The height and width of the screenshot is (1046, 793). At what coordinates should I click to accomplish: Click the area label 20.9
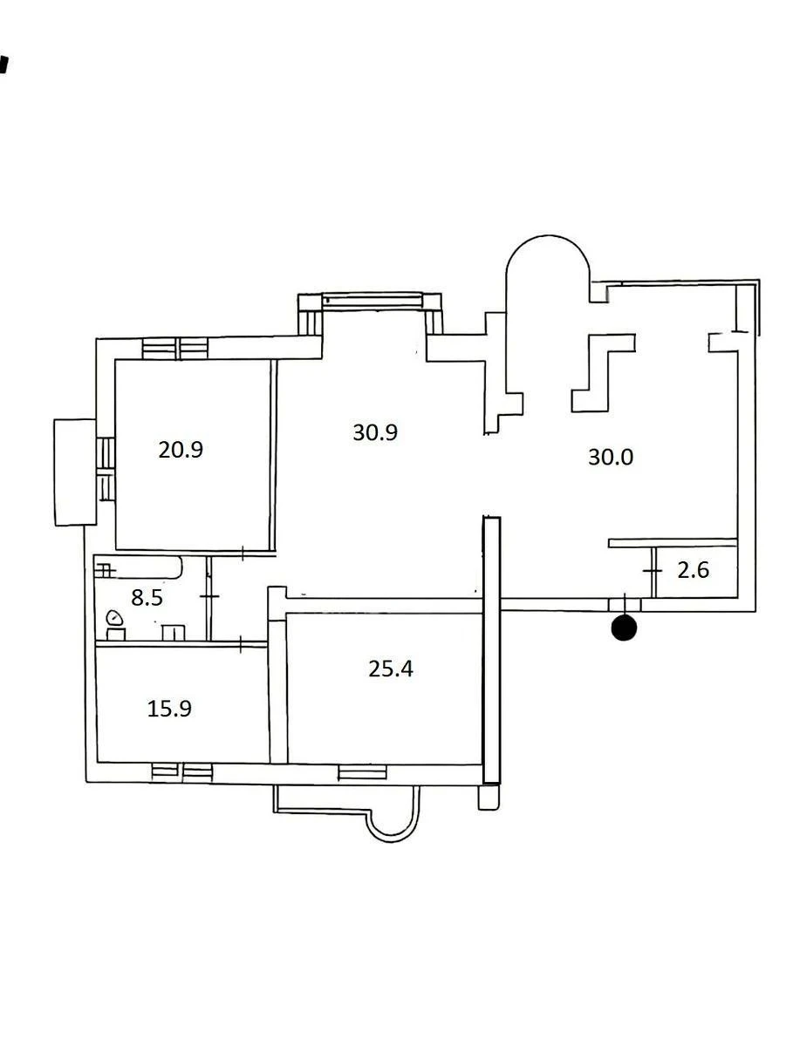pyautogui.click(x=181, y=450)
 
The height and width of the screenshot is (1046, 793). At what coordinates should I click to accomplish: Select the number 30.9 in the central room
pyautogui.click(x=375, y=431)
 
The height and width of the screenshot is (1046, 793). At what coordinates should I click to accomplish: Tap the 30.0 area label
pyautogui.click(x=610, y=457)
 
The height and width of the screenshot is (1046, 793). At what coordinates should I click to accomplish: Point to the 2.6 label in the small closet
pyautogui.click(x=694, y=571)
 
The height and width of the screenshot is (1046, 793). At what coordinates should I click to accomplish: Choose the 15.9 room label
pyautogui.click(x=169, y=709)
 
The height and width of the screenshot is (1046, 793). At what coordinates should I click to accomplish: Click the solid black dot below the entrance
pyautogui.click(x=625, y=628)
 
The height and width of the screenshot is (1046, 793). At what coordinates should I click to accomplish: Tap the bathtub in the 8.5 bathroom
pyautogui.click(x=140, y=568)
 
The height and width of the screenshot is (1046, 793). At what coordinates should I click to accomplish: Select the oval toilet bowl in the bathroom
pyautogui.click(x=114, y=619)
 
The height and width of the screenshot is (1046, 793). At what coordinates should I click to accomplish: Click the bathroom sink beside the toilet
pyautogui.click(x=174, y=632)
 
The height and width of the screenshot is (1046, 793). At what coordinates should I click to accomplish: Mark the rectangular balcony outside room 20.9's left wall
pyautogui.click(x=75, y=472)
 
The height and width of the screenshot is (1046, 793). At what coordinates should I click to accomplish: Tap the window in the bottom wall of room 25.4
pyautogui.click(x=362, y=771)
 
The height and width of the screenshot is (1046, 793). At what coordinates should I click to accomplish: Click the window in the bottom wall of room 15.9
pyautogui.click(x=181, y=771)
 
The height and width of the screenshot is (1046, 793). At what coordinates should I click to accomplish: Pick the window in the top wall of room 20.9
pyautogui.click(x=175, y=349)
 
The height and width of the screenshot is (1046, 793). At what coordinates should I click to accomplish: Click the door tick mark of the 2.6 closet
pyautogui.click(x=653, y=570)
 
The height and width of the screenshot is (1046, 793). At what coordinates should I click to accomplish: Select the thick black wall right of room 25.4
pyautogui.click(x=491, y=649)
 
